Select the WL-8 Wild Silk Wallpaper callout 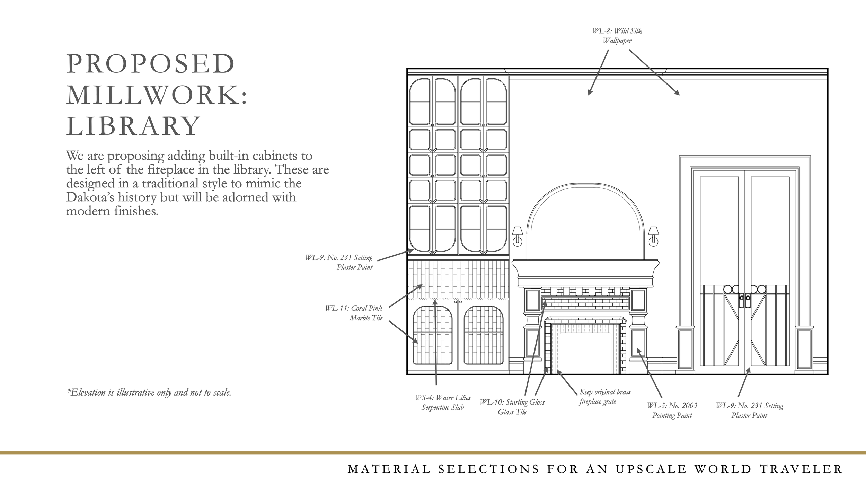point(617,36)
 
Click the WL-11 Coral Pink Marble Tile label point(354,313)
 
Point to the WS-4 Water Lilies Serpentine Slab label point(443,402)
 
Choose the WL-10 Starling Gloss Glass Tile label point(512,407)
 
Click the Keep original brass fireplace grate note point(605,397)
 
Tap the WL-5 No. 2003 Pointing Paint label point(672,410)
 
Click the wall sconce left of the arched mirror point(518,236)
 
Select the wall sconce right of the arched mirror point(653,236)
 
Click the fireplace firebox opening point(585,353)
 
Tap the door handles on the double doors point(745,301)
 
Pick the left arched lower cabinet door point(433,335)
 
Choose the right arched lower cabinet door point(484,335)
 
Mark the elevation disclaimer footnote point(149,392)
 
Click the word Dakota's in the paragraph point(90,197)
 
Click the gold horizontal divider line point(433,453)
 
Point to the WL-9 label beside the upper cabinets point(339,262)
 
